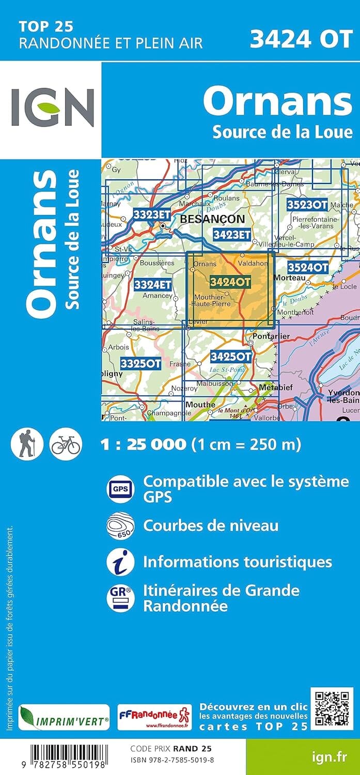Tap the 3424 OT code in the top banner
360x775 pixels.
[x=301, y=39]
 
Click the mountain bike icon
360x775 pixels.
[x=66, y=444]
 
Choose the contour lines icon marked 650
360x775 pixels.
[x=120, y=526]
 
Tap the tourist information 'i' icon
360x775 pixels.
[x=120, y=562]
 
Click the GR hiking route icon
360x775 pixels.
[x=120, y=598]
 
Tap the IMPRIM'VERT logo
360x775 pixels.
[x=64, y=718]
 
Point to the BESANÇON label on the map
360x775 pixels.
[x=213, y=219]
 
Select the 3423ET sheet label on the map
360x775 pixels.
[x=231, y=235]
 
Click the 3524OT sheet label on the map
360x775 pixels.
[x=307, y=267]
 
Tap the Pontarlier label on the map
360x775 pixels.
[x=271, y=336]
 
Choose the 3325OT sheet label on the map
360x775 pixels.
[x=140, y=363]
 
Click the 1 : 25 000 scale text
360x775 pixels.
[x=143, y=444]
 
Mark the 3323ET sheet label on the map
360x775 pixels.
[x=151, y=214]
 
